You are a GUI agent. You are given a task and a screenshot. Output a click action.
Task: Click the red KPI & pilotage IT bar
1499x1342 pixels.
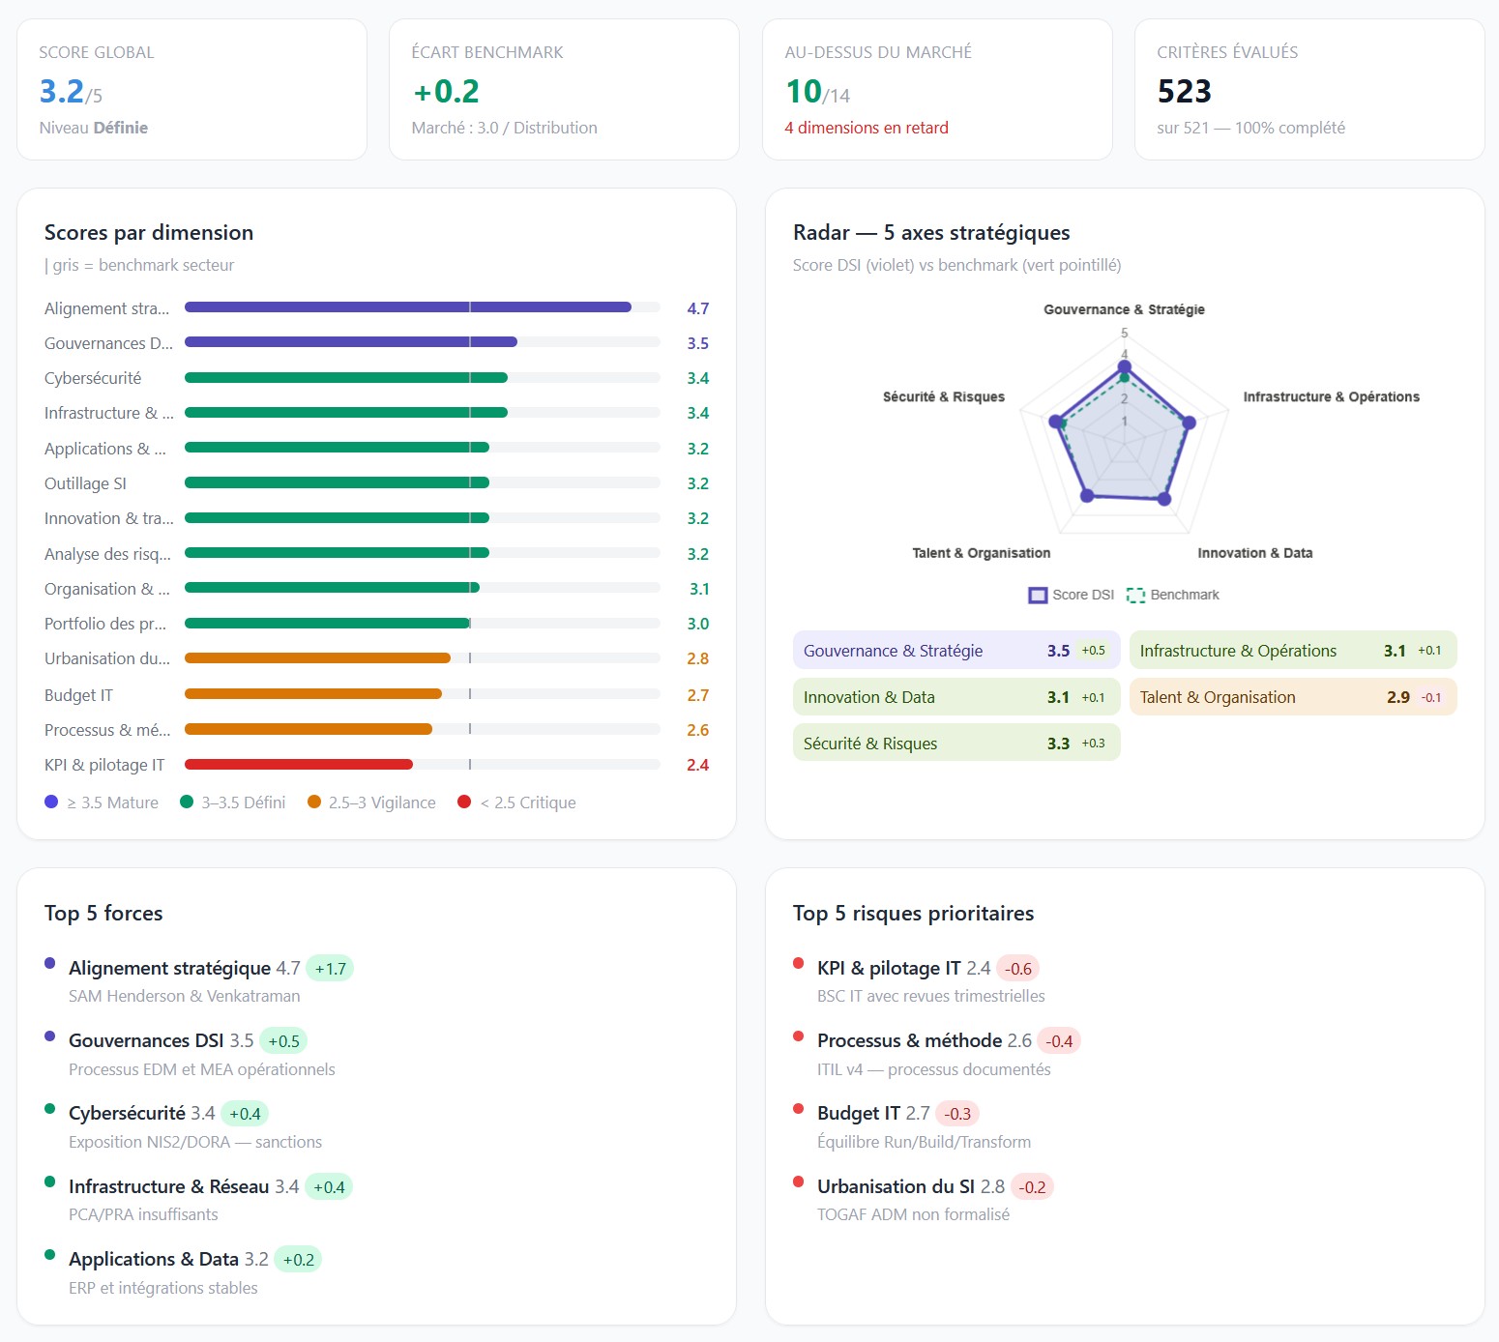click(298, 764)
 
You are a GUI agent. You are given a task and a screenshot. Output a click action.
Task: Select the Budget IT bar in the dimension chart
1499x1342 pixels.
click(313, 694)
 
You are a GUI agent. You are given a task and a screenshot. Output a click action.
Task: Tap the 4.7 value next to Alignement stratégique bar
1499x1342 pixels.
click(697, 308)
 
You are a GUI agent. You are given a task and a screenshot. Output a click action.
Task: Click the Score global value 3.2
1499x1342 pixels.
click(61, 92)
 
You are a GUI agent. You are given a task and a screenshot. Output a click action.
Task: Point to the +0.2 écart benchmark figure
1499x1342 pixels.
click(446, 92)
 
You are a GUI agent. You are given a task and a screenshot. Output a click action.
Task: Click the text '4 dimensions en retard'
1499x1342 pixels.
click(867, 128)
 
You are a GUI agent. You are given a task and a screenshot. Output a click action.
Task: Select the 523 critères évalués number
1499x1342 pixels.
click(1184, 92)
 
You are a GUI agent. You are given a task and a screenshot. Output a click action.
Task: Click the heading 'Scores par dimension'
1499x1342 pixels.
click(149, 232)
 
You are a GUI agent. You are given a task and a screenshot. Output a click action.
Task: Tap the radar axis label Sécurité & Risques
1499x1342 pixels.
click(943, 396)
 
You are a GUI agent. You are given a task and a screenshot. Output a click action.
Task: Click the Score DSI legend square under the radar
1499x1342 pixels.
click(1038, 595)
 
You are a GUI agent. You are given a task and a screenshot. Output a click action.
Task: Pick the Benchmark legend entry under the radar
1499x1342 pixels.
click(1173, 595)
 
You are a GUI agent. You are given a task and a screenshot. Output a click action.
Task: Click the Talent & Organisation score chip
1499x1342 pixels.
click(1293, 697)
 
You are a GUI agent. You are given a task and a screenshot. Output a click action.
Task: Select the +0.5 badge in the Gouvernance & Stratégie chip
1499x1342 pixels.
click(1093, 651)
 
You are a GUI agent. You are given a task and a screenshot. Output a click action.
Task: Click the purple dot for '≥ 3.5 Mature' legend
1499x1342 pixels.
click(51, 802)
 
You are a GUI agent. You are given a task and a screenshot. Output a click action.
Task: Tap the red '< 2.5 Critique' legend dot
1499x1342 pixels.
click(464, 802)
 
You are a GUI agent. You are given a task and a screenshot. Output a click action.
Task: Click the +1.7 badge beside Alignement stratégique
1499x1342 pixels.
click(330, 969)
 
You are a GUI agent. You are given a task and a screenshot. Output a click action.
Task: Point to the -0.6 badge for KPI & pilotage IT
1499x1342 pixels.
click(1017, 969)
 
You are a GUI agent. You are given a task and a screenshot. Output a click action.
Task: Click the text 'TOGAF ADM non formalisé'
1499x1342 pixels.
click(913, 1214)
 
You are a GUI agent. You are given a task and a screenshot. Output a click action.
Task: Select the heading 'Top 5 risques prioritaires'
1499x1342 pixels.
click(913, 913)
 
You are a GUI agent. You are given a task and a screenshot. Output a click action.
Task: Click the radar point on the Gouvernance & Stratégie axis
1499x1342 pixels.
click(1124, 367)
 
